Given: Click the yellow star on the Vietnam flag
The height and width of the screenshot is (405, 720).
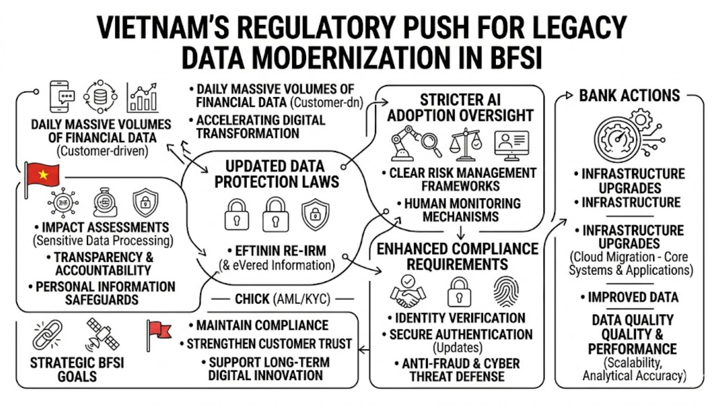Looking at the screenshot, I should [43, 174].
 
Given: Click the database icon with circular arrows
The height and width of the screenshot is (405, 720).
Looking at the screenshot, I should [100, 97].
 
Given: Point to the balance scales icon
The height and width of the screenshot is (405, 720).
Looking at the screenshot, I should [466, 145].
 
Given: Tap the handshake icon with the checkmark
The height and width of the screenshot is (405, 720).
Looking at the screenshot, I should [408, 292].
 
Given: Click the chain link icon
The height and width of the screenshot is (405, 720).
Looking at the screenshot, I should [48, 334].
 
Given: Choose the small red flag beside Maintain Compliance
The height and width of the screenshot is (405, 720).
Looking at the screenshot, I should [159, 332].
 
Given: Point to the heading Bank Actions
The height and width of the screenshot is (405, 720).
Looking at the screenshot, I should [629, 96].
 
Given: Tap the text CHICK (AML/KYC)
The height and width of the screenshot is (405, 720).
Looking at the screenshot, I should [282, 299].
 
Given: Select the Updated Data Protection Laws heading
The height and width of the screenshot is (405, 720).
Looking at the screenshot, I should [276, 174].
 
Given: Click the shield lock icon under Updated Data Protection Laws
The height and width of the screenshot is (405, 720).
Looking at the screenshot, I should [315, 214].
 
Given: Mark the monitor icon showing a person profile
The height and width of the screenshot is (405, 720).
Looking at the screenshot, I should [511, 144].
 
